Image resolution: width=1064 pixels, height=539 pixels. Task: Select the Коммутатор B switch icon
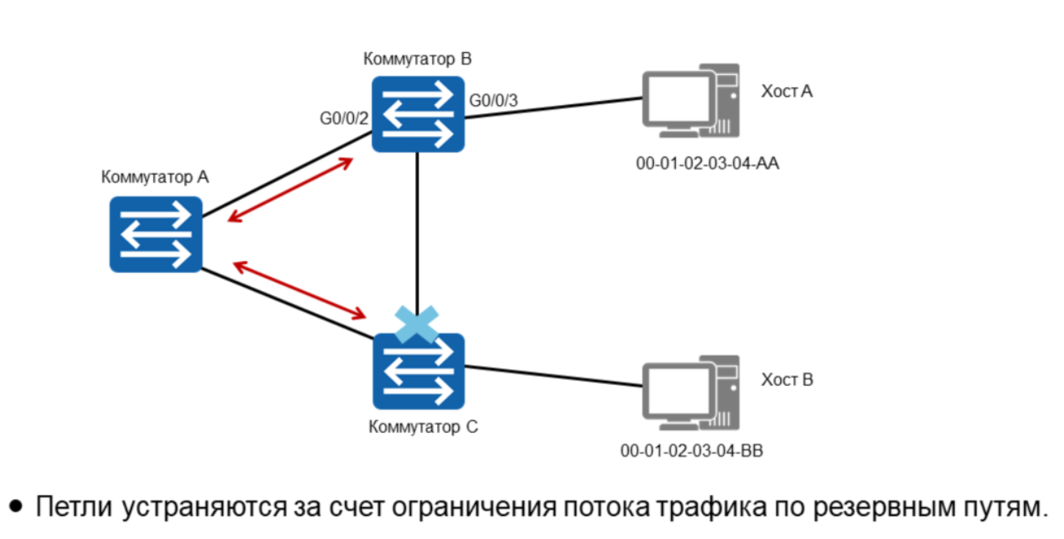tap(418, 113)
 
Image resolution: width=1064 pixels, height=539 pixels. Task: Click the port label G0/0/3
tap(493, 100)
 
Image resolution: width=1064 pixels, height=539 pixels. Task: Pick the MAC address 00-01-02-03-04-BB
tap(691, 450)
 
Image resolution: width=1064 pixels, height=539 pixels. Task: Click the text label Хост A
tap(787, 91)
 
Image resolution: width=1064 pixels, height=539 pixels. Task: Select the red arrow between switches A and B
tap(290, 189)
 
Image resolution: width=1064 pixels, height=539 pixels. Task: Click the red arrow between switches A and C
tap(299, 289)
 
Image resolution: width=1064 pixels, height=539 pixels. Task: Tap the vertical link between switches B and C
tap(417, 228)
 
